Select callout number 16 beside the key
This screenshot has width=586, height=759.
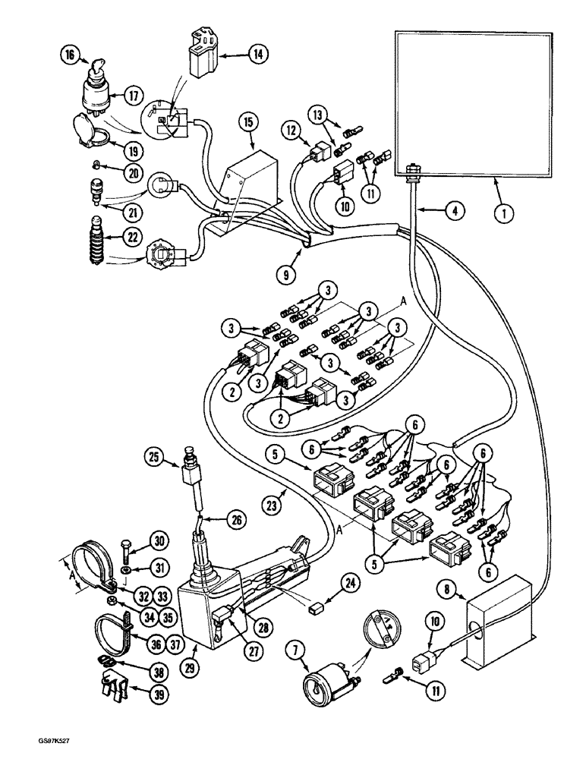click(70, 55)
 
